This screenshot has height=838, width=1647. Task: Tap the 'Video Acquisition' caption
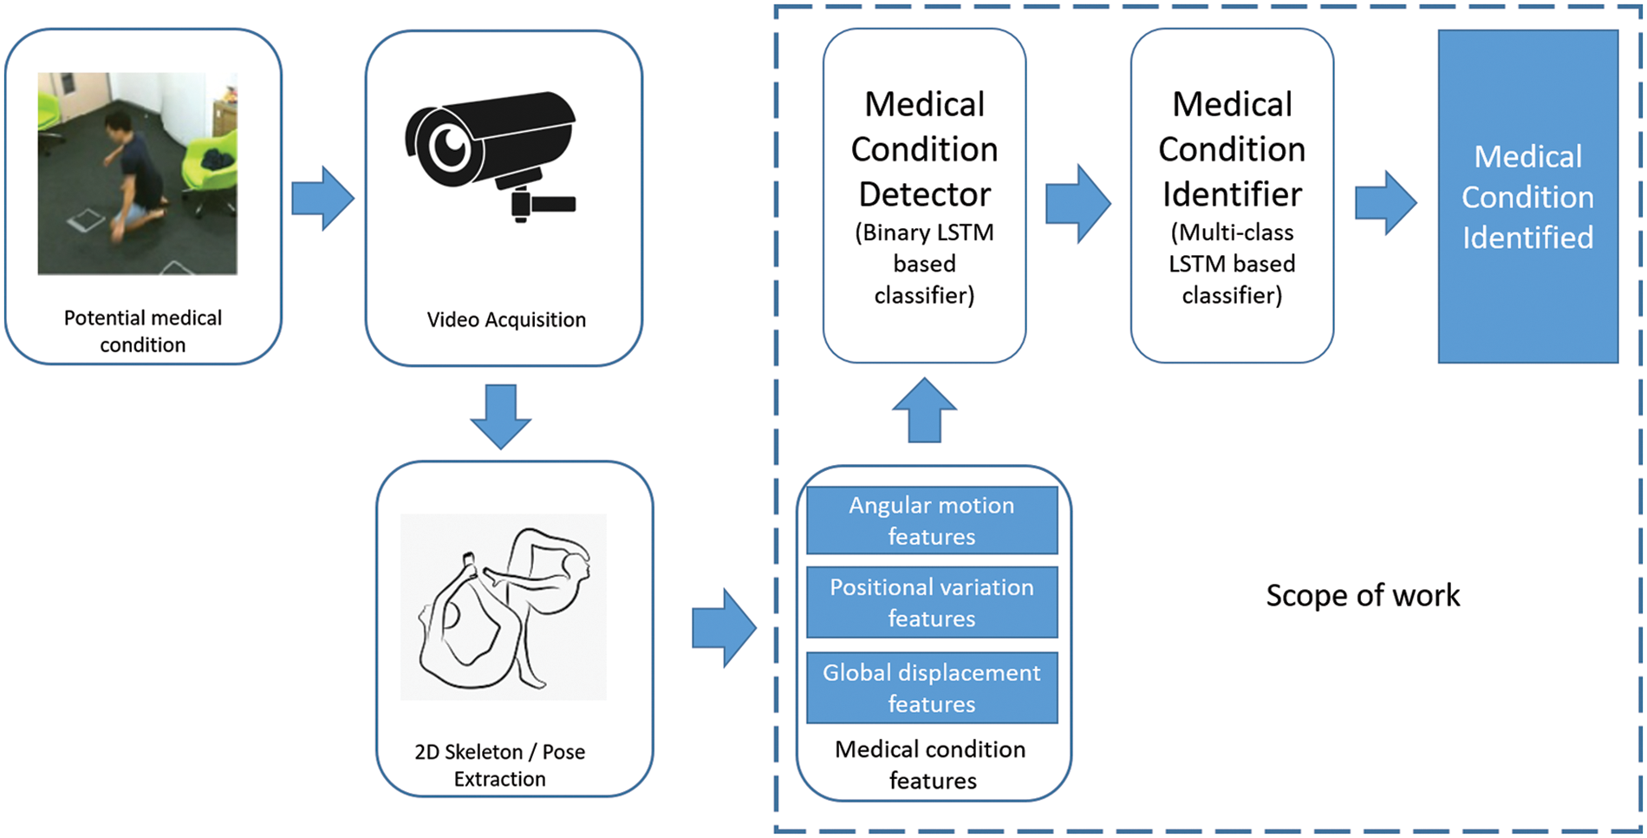tap(506, 319)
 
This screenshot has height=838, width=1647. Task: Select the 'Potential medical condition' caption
tap(143, 331)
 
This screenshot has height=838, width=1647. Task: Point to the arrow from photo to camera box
tap(322, 199)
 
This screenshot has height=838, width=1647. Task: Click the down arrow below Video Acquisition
tap(501, 416)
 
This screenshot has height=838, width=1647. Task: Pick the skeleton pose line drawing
tap(503, 606)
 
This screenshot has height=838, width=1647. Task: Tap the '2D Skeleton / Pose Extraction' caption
tap(500, 765)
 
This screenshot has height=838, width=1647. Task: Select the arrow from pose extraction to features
tap(724, 628)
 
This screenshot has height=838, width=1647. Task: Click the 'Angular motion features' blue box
tap(932, 520)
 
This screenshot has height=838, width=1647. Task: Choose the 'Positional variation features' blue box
tap(932, 602)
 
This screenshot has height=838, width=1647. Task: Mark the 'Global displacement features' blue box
tap(932, 688)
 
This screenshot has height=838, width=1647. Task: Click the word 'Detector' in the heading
tap(924, 194)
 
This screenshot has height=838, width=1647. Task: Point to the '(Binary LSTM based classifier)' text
tap(924, 264)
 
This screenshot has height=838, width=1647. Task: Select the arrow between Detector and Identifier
tap(1077, 203)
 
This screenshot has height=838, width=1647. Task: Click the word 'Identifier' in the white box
tap(1232, 194)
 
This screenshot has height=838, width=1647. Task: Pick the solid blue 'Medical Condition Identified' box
tap(1527, 197)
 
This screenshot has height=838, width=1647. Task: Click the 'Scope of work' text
tap(1363, 595)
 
